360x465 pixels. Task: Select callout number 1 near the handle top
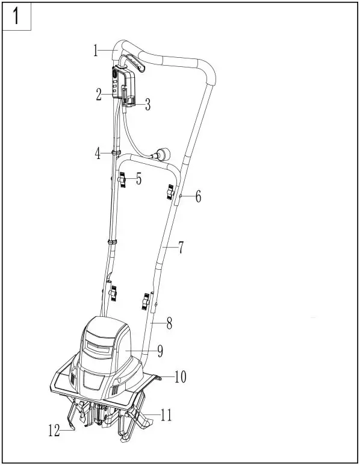(x=96, y=51)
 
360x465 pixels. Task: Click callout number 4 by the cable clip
(x=98, y=153)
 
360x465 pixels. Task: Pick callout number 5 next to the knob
(x=138, y=179)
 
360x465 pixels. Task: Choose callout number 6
(x=198, y=197)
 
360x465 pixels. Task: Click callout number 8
(x=169, y=323)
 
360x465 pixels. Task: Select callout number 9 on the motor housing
(x=160, y=350)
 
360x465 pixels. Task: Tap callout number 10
(x=180, y=377)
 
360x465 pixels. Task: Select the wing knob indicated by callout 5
(x=123, y=179)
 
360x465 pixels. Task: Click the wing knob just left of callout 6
(x=170, y=193)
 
